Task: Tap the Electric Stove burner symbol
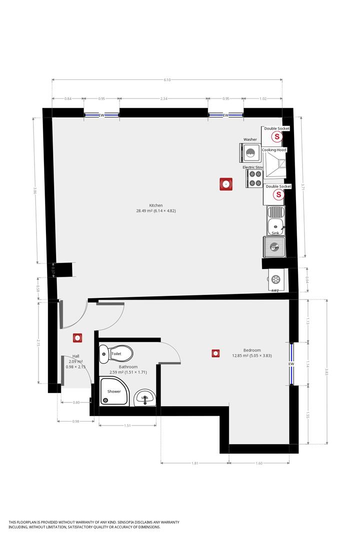click(x=254, y=178)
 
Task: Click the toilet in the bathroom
click(x=116, y=353)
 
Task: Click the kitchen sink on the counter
click(x=275, y=220)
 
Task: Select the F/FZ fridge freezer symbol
click(x=275, y=279)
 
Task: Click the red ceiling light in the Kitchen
click(x=226, y=184)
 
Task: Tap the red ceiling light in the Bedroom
click(x=215, y=353)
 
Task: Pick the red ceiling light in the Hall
click(x=77, y=338)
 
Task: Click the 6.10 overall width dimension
click(x=167, y=80)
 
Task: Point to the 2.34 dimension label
click(x=163, y=99)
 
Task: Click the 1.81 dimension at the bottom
click(x=195, y=463)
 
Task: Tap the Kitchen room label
click(x=155, y=205)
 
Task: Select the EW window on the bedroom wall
click(x=291, y=363)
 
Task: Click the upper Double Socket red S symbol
click(x=275, y=136)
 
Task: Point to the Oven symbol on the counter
click(x=274, y=247)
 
